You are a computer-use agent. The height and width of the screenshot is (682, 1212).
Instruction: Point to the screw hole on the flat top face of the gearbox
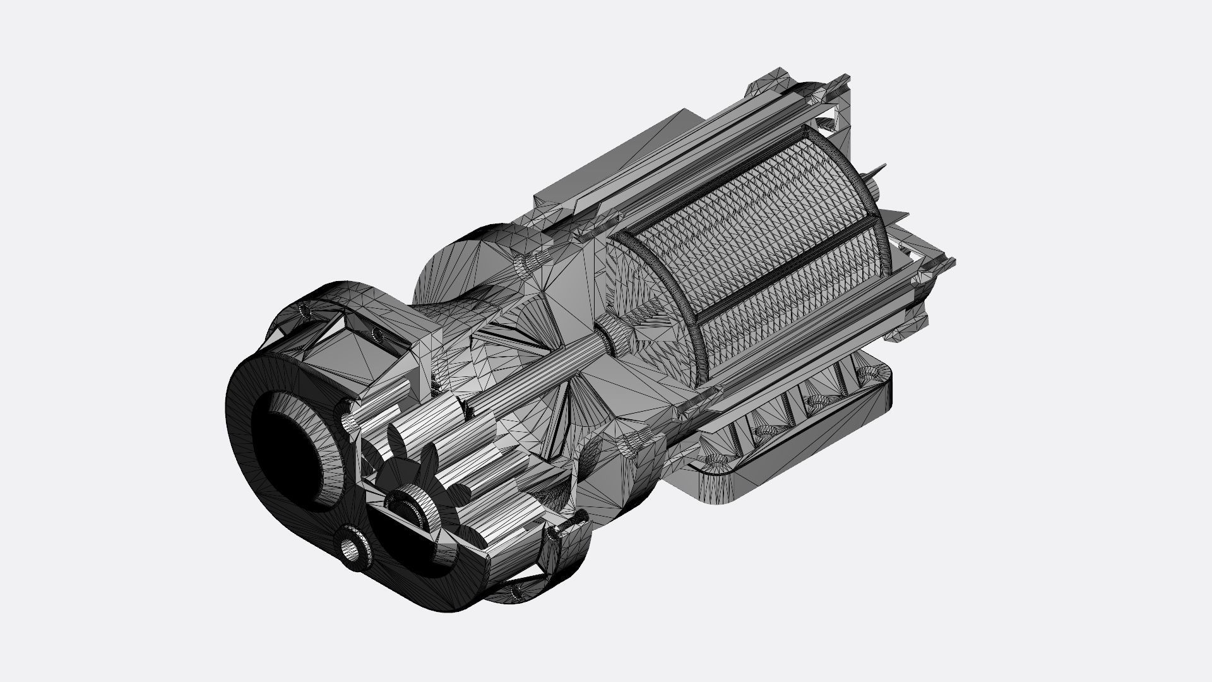[x=377, y=332]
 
